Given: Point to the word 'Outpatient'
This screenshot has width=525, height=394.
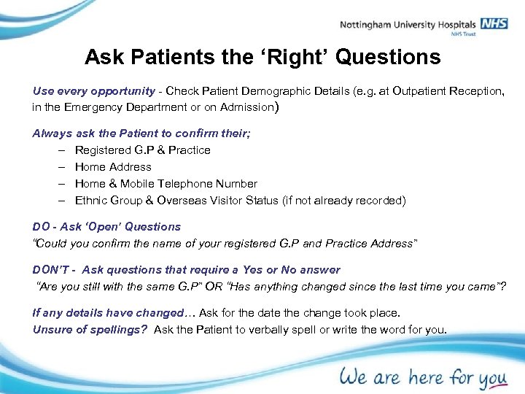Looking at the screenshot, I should click(x=419, y=91).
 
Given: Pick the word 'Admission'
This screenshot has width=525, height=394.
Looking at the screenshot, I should click(x=244, y=108).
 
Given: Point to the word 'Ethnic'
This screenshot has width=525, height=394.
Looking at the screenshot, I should click(x=90, y=201).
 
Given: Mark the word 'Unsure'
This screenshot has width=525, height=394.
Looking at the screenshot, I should click(x=51, y=330).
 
